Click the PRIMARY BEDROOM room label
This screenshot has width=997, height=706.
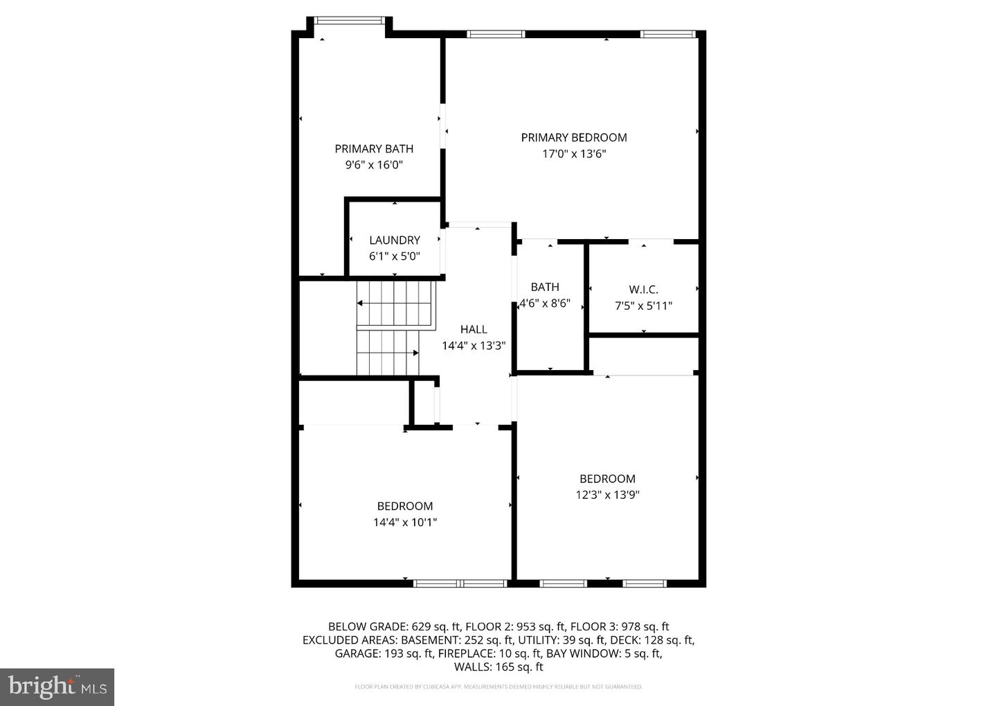pyautogui.click(x=574, y=138)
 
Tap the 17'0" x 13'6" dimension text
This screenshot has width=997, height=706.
pyautogui.click(x=574, y=154)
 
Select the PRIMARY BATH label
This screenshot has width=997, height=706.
pyautogui.click(x=374, y=149)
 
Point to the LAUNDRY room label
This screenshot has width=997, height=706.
pyautogui.click(x=395, y=240)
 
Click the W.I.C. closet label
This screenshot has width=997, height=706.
pyautogui.click(x=643, y=290)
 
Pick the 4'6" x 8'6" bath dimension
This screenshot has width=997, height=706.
pyautogui.click(x=545, y=303)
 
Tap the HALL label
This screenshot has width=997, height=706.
pyautogui.click(x=474, y=329)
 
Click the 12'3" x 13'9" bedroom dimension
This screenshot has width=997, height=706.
pyautogui.click(x=608, y=495)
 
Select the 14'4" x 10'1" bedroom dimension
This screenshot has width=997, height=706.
pyautogui.click(x=405, y=522)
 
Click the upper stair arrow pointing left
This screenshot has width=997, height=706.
pyautogui.click(x=394, y=303)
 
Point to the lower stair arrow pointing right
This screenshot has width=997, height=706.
pyautogui.click(x=388, y=353)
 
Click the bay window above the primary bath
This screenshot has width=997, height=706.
pyautogui.click(x=348, y=21)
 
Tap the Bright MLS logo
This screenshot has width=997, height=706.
pyautogui.click(x=57, y=687)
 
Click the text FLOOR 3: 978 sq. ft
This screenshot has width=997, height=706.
pyautogui.click(x=620, y=627)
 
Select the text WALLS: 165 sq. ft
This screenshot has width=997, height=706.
pyautogui.click(x=498, y=667)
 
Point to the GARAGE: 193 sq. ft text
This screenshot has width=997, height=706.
pyautogui.click(x=384, y=653)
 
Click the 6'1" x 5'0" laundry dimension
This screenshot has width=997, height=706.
pyautogui.click(x=395, y=256)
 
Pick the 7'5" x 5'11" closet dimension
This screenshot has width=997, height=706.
pyautogui.click(x=643, y=306)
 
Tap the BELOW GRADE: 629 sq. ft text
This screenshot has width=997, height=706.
pyautogui.click(x=395, y=627)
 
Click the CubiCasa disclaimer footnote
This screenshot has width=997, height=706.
pyautogui.click(x=498, y=687)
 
